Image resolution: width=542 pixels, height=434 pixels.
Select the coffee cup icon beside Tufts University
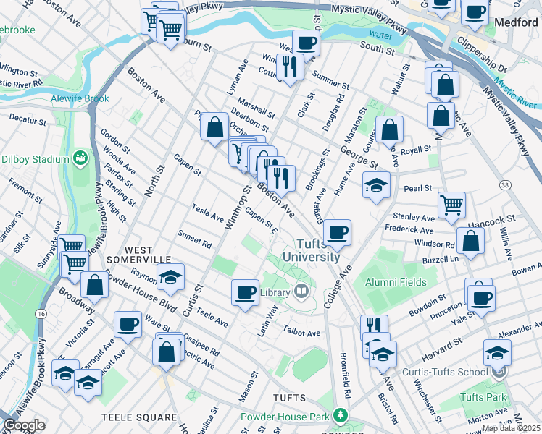338,233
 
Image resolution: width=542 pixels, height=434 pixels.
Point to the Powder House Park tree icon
338,416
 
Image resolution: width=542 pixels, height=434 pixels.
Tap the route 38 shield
504,185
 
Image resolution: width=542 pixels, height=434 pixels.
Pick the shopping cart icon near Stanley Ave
452,205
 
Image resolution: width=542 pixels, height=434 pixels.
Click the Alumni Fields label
396,282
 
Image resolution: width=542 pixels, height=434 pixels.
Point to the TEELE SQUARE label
139,417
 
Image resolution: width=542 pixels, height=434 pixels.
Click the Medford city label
515,22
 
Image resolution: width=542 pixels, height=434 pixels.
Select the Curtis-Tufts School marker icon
497,372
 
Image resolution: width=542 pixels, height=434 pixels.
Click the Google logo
24,425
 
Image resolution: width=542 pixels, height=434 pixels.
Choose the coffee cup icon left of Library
246,292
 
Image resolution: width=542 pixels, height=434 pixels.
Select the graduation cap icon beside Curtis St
171,278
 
